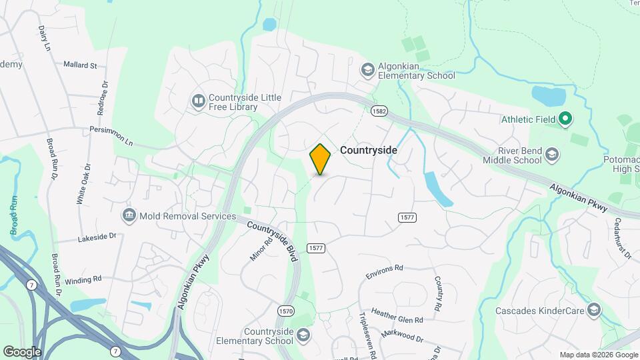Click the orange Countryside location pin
320,159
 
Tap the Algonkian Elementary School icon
367,69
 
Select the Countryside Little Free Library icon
198,101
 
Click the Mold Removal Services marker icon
129,215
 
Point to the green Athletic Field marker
565,119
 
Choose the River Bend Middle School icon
551,155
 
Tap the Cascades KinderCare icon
594,310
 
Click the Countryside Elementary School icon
303,335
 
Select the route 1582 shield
380,110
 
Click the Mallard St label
80,65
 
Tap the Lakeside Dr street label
97,237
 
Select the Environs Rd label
385,271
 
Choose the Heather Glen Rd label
397,315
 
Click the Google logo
21,351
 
